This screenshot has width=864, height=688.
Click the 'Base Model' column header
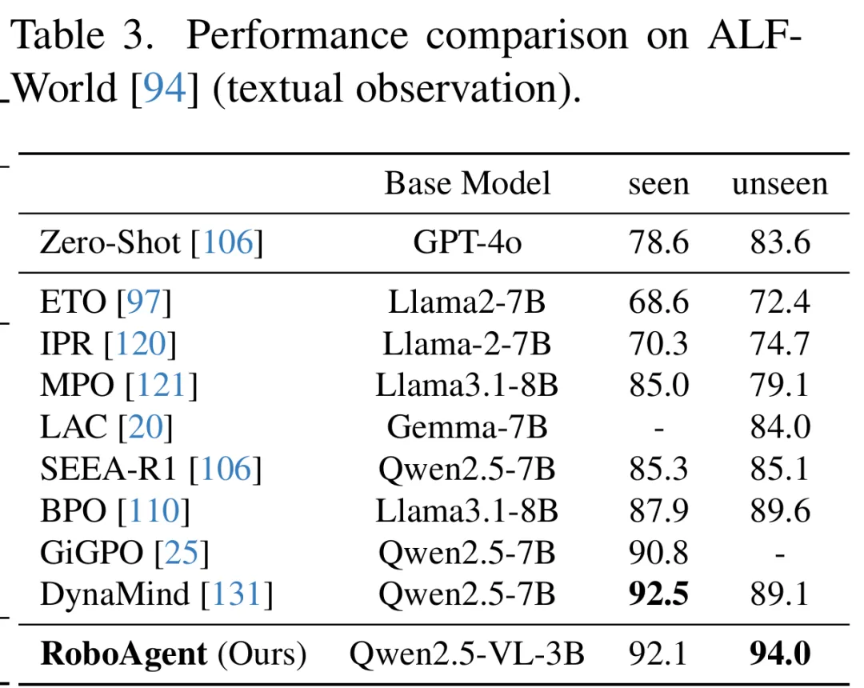[467, 183]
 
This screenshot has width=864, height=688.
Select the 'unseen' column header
[780, 184]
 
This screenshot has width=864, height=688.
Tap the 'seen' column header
[658, 185]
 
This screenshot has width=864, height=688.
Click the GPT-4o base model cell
[467, 242]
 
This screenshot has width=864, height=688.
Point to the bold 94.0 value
[780, 654]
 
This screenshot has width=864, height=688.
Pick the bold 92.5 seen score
[658, 594]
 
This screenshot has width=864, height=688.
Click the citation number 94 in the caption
[165, 88]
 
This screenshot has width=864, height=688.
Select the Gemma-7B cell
[467, 427]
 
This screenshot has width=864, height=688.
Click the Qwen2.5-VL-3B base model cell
[466, 654]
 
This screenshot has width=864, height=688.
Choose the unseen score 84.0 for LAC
[780, 427]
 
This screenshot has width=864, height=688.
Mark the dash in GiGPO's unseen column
[780, 554]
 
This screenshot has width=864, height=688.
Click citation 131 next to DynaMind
[236, 594]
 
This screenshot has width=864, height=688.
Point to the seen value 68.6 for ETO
[658, 302]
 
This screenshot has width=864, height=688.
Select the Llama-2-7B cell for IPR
[467, 344]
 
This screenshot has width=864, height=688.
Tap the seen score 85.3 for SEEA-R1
[658, 469]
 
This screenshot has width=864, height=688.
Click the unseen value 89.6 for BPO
[780, 510]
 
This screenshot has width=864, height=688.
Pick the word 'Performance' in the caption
[298, 36]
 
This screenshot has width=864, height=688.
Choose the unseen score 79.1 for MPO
[780, 385]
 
